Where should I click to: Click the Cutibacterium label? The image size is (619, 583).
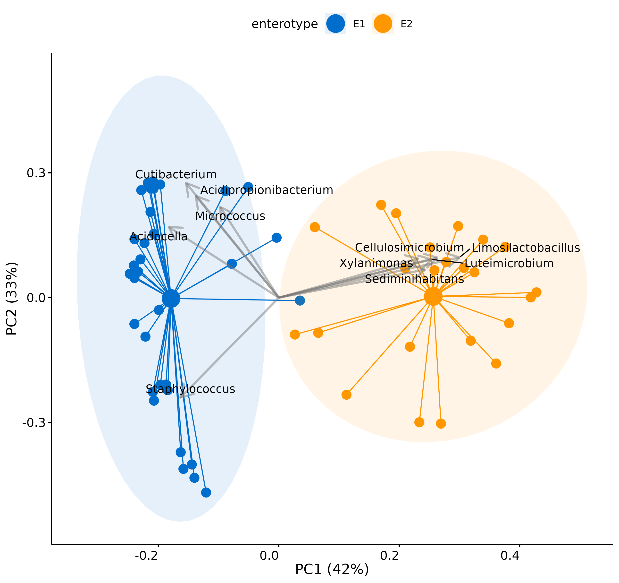click(x=176, y=174)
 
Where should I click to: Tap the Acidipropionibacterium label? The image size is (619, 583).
click(x=267, y=190)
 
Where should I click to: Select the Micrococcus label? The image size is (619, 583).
click(x=230, y=216)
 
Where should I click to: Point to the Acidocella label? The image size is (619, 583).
click(x=159, y=237)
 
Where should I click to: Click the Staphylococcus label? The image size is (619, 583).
click(x=190, y=389)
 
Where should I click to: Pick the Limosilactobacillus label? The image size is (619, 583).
click(x=526, y=248)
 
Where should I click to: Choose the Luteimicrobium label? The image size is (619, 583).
click(x=509, y=263)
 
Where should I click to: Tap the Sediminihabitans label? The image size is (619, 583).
click(x=414, y=279)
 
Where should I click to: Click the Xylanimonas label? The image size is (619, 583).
click(x=376, y=263)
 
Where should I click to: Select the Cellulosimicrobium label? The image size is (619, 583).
click(x=409, y=248)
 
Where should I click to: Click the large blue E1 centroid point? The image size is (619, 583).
click(x=171, y=298)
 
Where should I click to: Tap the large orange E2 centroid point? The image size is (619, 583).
click(x=433, y=297)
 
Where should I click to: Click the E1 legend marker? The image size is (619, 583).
click(x=335, y=24)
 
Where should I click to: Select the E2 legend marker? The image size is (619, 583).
click(x=383, y=24)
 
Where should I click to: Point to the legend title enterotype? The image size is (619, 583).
click(x=284, y=24)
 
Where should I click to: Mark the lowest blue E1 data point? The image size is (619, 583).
click(x=206, y=492)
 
